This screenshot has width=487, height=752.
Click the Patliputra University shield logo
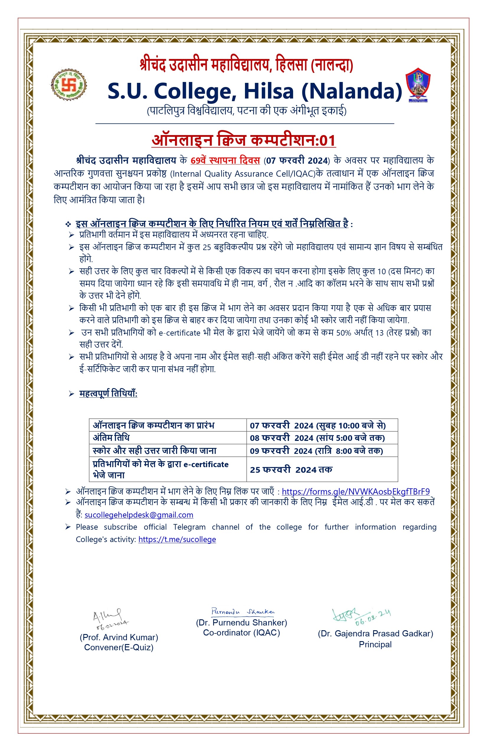418,85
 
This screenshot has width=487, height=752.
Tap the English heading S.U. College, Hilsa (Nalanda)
254,91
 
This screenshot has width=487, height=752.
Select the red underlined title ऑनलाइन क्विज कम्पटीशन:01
243,140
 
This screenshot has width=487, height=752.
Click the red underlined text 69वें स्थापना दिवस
225,160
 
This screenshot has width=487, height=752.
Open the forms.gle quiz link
355,492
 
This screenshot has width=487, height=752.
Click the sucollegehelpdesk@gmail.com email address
139,515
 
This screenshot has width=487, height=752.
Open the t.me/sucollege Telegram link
177,539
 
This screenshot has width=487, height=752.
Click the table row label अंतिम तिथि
111,438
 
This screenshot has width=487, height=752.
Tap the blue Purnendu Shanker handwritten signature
243,612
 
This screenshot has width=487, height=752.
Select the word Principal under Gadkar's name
375,645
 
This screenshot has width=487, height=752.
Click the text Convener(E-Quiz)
119,647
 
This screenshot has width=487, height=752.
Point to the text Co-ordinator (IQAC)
241,633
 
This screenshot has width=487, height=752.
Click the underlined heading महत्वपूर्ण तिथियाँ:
108,394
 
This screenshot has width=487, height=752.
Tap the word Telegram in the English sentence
189,527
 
